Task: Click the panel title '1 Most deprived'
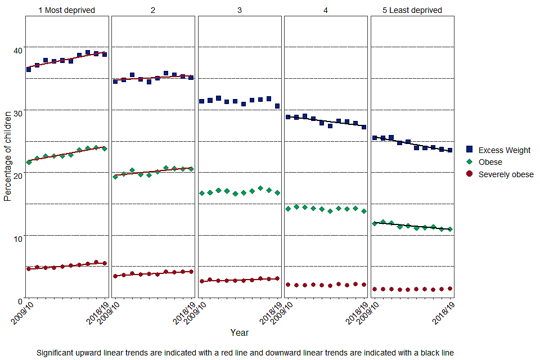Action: (x=66, y=10)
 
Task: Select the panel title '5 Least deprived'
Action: (x=412, y=10)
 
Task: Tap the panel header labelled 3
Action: (x=240, y=10)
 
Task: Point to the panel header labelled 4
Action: (x=326, y=10)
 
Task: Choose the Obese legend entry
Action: (x=490, y=162)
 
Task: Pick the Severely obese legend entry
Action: (x=506, y=174)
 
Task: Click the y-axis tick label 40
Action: (x=17, y=50)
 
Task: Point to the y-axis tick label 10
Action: (x=17, y=238)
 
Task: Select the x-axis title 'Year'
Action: (x=240, y=332)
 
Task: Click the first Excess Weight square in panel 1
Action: (x=29, y=69)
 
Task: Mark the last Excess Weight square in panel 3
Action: (x=277, y=106)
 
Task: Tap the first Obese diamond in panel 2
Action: (x=115, y=177)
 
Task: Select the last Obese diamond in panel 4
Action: (x=364, y=211)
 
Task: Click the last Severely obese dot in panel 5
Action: (x=450, y=289)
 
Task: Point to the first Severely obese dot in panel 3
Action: (x=201, y=281)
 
